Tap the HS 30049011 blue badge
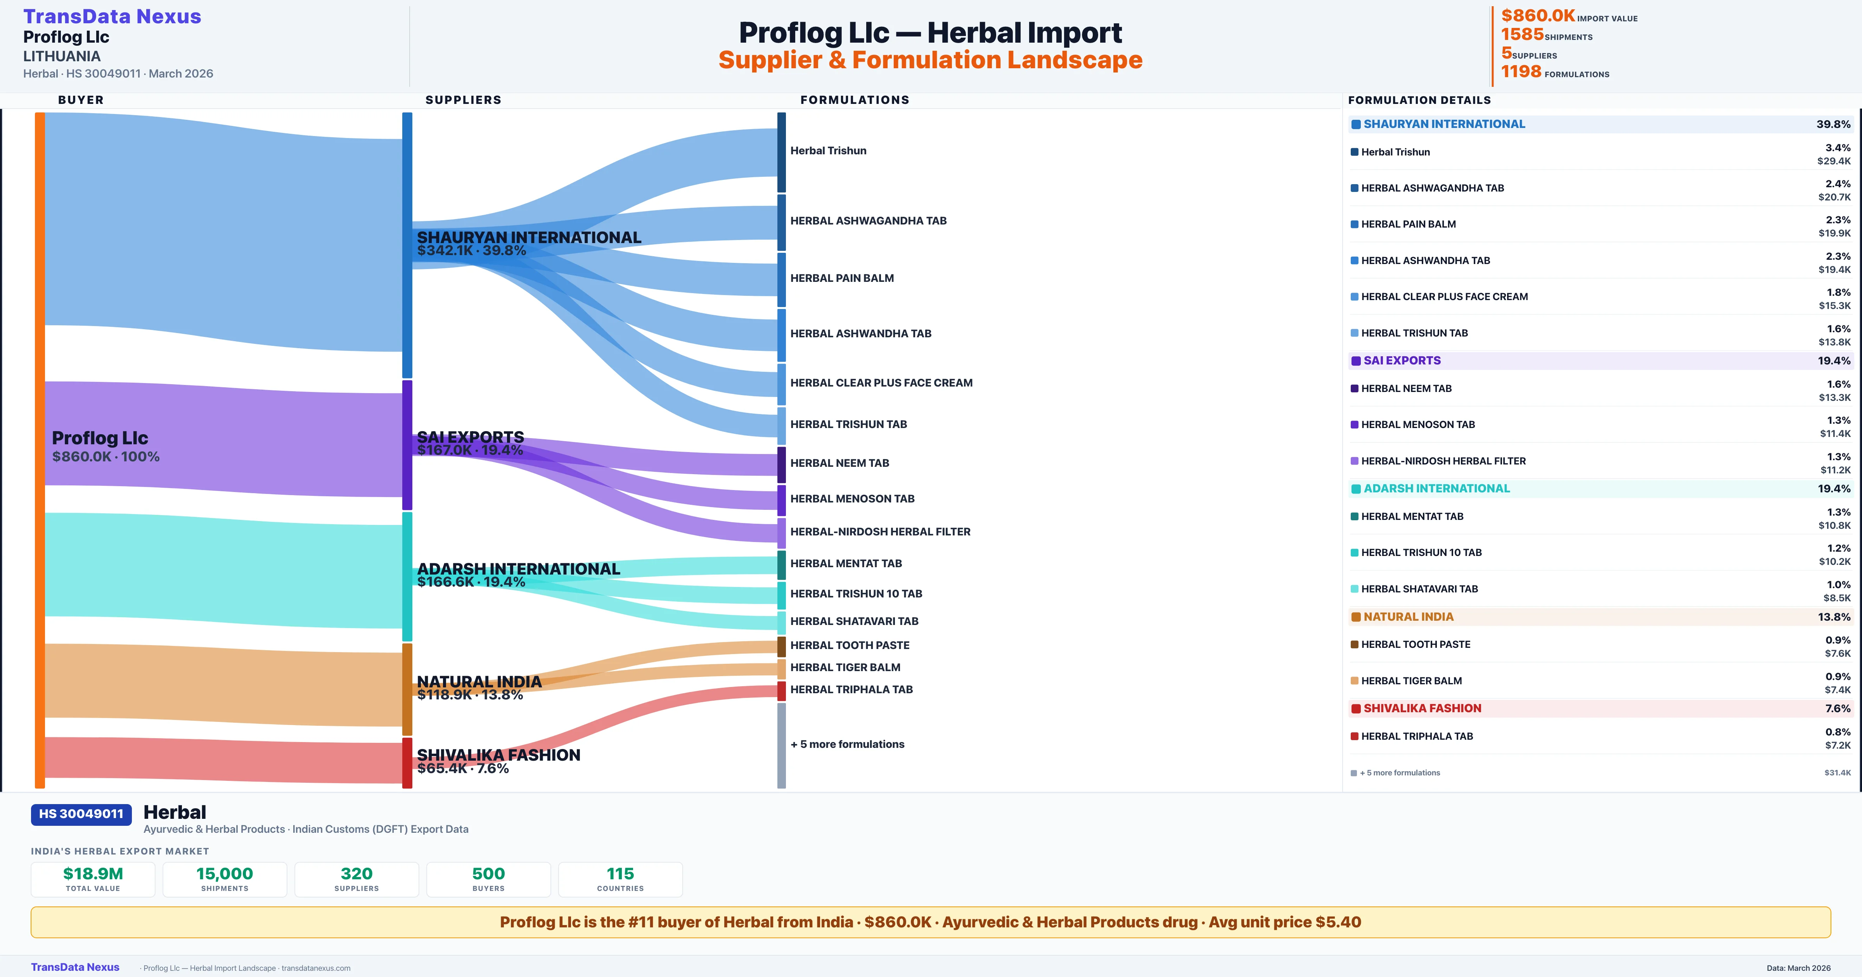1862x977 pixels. coord(81,814)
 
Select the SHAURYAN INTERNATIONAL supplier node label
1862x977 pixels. coord(528,238)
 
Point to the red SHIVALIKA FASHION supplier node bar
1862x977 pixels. coord(407,762)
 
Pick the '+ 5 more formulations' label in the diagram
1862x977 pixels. coord(847,744)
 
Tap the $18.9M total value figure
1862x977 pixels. coord(93,873)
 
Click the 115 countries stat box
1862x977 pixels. coord(620,879)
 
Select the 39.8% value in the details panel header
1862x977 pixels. coord(1833,124)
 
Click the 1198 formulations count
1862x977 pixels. coord(1521,72)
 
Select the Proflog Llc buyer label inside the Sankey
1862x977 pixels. coord(100,438)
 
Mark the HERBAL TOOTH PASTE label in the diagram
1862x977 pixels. coord(849,645)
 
